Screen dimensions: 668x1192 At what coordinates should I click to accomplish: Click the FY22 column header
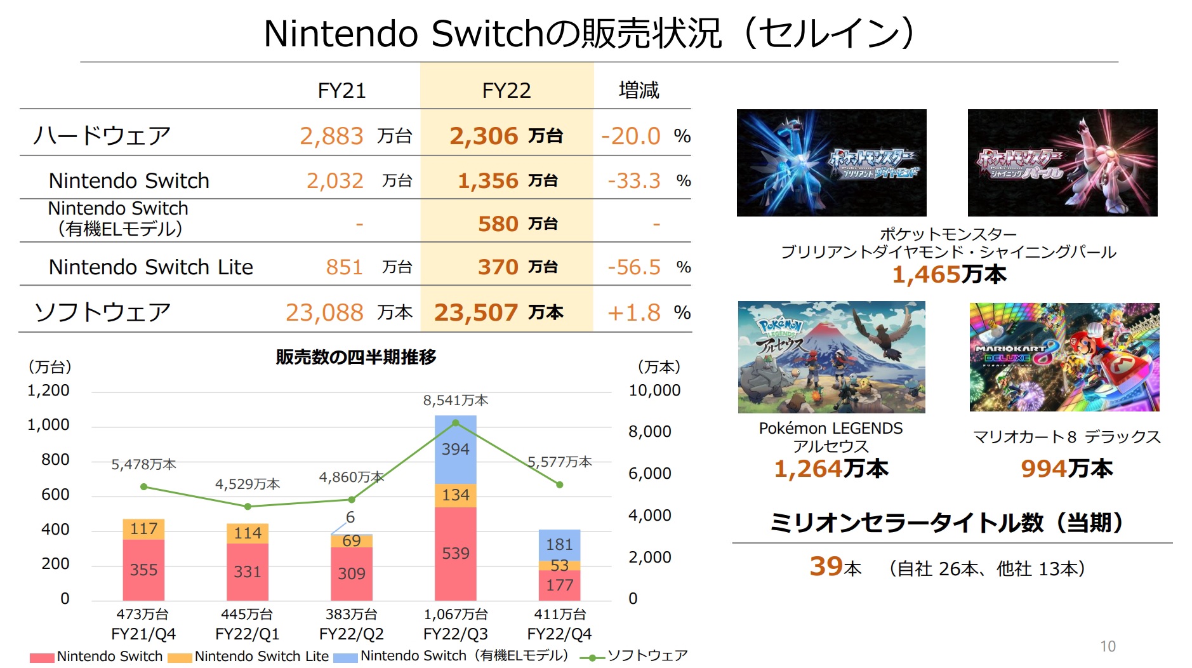(506, 90)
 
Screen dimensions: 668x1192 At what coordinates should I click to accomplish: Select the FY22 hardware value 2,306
(484, 136)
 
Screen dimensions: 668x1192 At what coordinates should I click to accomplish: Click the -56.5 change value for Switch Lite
(633, 267)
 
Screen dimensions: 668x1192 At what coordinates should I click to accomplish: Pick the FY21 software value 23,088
(324, 312)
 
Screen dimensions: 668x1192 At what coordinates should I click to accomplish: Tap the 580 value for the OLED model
(498, 224)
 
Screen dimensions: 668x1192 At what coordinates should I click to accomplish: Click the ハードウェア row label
(102, 135)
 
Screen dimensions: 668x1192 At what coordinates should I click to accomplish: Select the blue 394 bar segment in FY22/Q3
(455, 449)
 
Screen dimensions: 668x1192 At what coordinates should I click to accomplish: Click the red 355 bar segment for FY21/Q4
(143, 570)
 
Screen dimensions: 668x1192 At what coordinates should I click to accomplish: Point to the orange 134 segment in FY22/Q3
(455, 495)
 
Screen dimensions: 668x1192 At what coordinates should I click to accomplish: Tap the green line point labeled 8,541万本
(455, 423)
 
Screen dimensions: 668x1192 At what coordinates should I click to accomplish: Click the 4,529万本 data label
(247, 484)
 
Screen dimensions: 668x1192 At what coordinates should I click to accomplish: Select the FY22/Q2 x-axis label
(351, 634)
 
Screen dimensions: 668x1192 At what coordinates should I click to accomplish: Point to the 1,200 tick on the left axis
(48, 391)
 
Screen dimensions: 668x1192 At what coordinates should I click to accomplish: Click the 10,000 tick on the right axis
(654, 391)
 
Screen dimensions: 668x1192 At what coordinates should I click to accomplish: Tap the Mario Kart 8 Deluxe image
(1064, 357)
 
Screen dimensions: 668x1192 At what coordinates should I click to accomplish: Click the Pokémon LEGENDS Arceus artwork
(831, 357)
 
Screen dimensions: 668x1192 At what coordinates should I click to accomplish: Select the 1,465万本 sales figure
(948, 274)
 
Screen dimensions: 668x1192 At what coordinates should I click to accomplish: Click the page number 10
(1108, 646)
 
